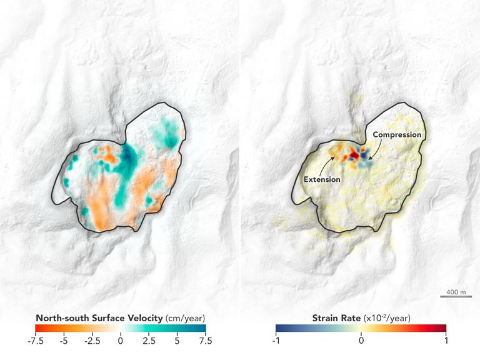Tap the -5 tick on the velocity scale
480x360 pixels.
64,341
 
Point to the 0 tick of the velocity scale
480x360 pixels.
121,341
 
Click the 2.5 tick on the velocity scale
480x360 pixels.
149,341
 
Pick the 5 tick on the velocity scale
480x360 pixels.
177,341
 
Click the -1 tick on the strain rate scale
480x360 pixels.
276,341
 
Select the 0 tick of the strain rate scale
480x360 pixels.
361,341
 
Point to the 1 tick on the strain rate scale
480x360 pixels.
446,341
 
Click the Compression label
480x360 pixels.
397,134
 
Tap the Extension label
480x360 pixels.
322,179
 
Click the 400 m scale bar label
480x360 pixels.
456,292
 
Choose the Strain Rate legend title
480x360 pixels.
338,317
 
